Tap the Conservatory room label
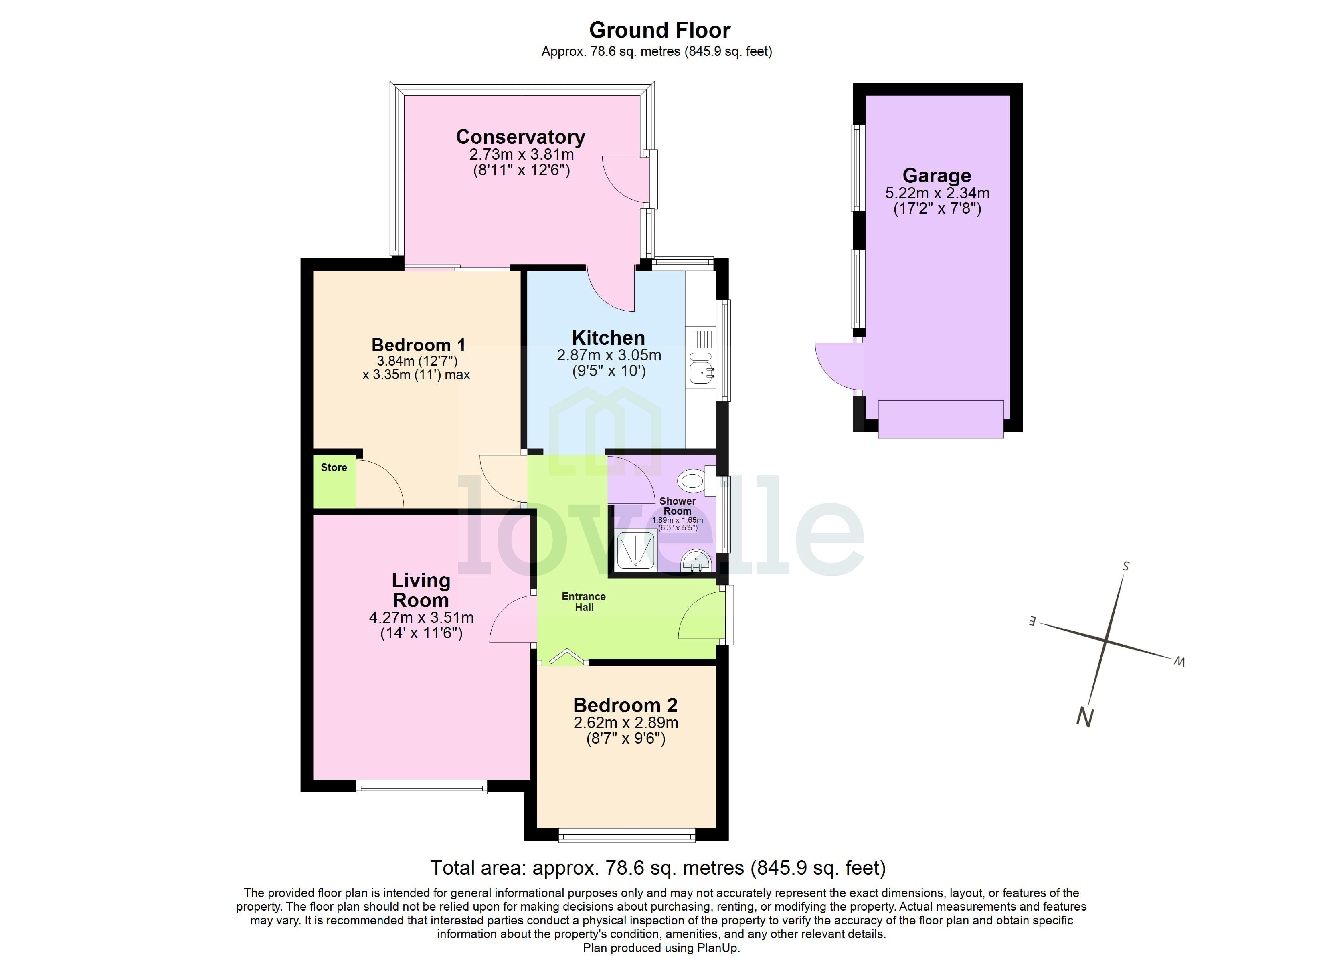click(520, 137)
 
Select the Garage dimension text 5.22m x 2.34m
click(937, 193)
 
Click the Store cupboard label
click(334, 467)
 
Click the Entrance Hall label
click(583, 602)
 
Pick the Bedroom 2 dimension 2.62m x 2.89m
click(625, 723)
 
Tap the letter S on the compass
click(1125, 566)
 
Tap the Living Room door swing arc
click(510, 621)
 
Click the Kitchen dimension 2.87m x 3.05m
click(609, 355)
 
